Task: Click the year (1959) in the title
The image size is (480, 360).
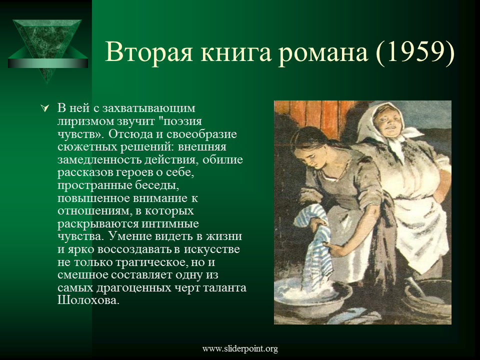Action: [x=415, y=52]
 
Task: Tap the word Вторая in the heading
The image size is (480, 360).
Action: [x=149, y=52]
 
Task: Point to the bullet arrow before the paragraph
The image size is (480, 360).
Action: [x=45, y=108]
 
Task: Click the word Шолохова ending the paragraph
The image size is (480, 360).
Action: [x=88, y=300]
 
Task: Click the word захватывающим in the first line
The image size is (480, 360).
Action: [x=149, y=108]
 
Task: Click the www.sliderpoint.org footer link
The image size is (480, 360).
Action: [x=240, y=348]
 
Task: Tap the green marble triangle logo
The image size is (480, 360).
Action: [x=47, y=49]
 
